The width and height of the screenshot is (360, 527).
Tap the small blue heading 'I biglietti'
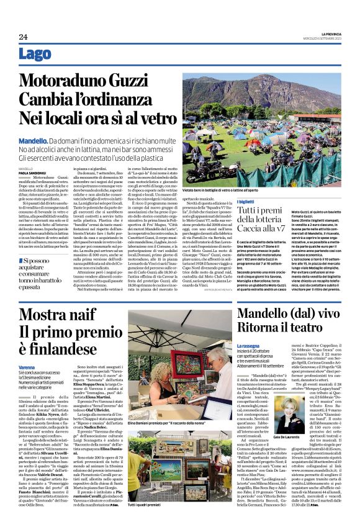coord(246,202)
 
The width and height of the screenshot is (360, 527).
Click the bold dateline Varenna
coord(45,367)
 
